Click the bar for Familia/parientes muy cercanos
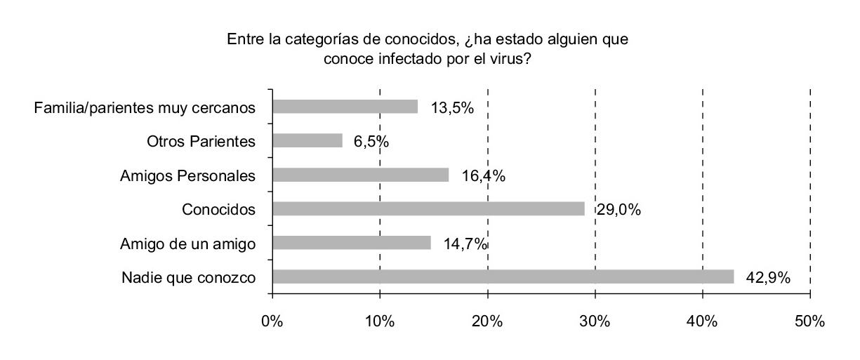click(x=345, y=107)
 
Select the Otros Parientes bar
click(x=307, y=140)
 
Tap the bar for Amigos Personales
click(x=360, y=175)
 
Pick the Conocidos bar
click(x=428, y=208)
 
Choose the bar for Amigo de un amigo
click(x=351, y=243)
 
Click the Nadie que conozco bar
click(x=503, y=276)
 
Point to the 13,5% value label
click(x=451, y=108)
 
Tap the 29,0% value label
click(x=618, y=210)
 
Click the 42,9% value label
click(x=768, y=278)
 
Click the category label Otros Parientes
click(x=201, y=141)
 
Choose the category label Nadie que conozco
click(x=188, y=277)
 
